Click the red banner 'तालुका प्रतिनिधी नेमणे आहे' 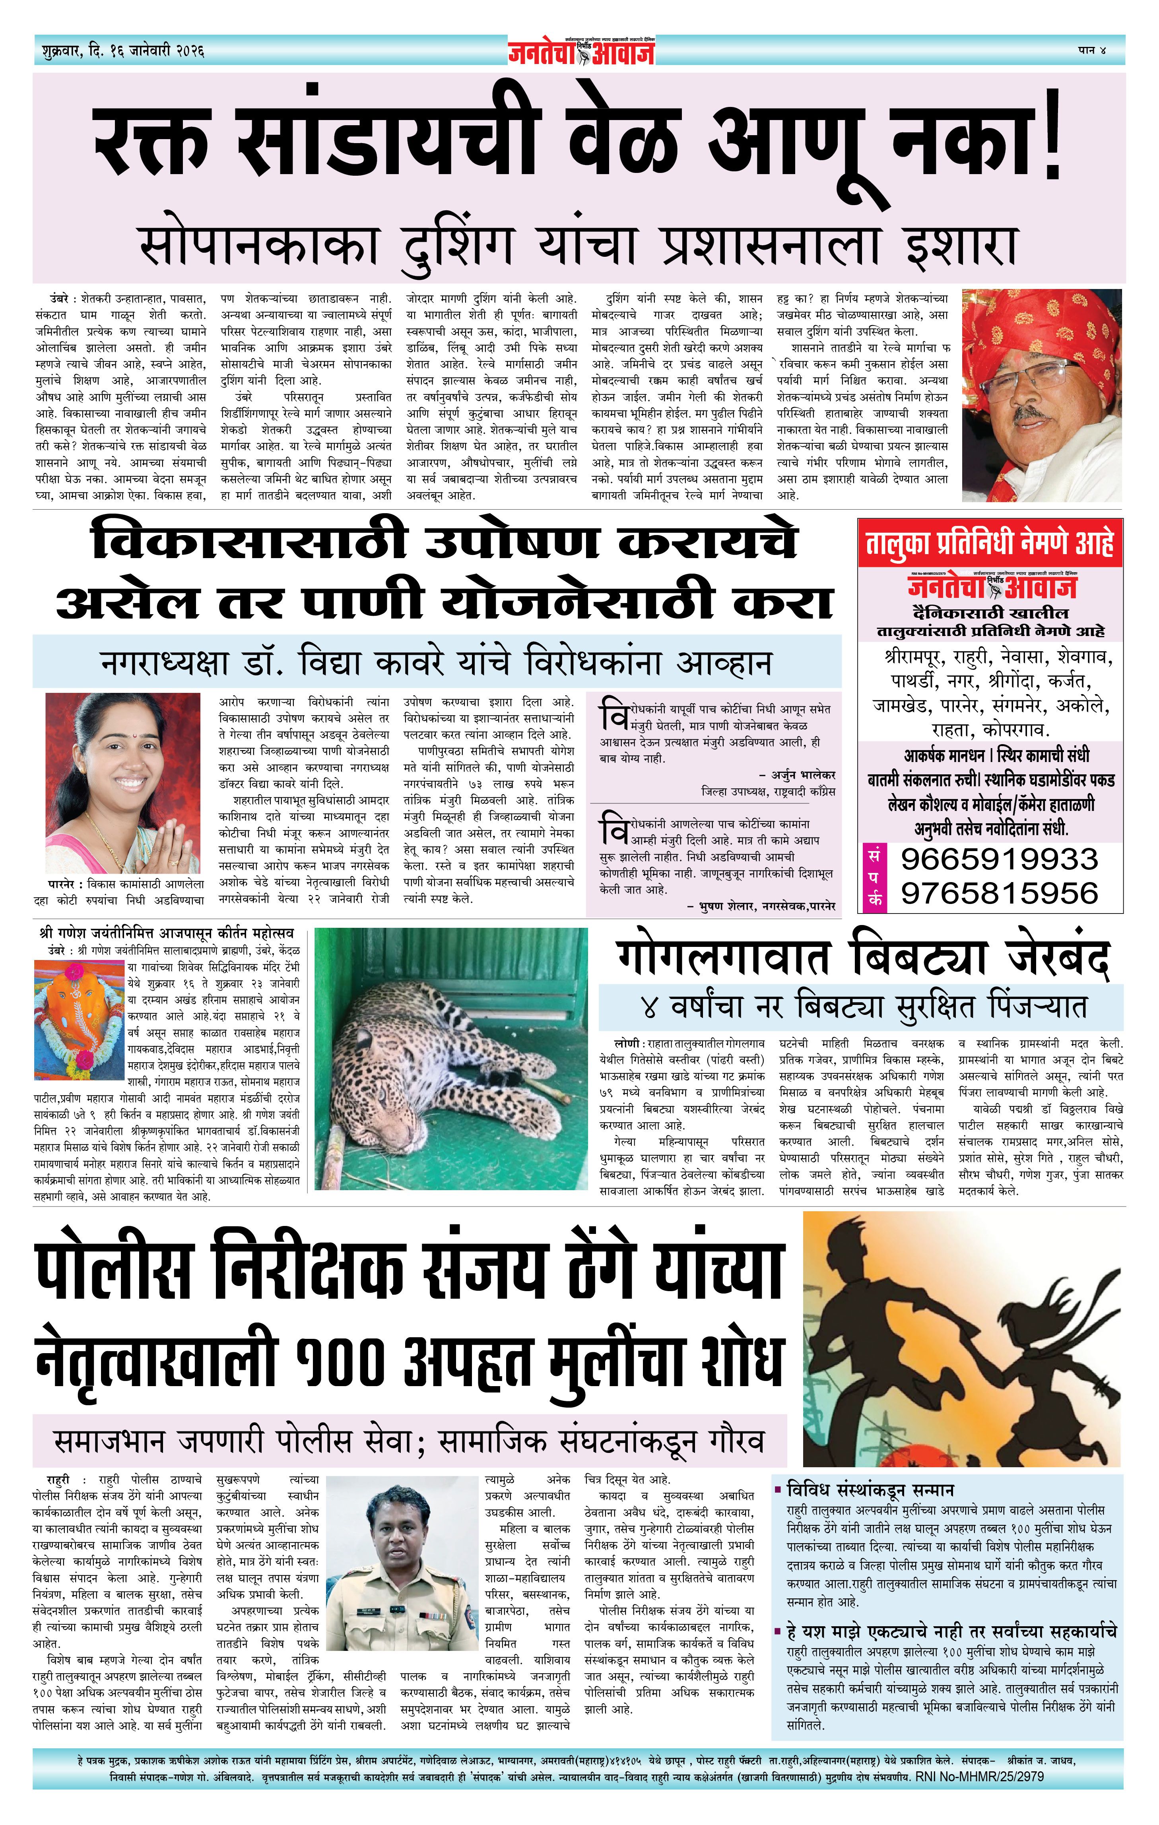[989, 543]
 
